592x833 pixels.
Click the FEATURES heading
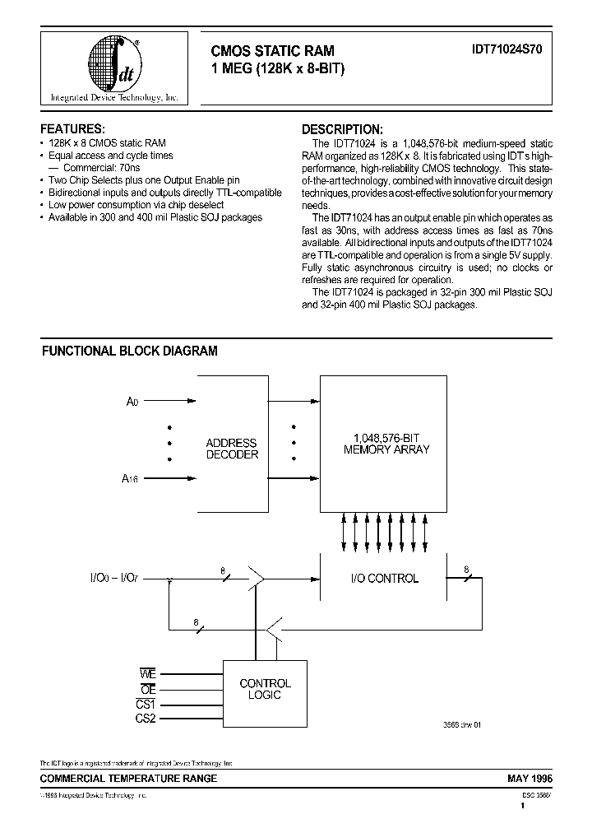point(72,129)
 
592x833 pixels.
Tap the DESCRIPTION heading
point(342,129)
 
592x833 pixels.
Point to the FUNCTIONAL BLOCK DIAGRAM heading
point(130,351)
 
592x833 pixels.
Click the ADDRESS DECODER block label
point(231,449)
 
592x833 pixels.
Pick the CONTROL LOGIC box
point(264,690)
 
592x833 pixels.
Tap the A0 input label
point(132,402)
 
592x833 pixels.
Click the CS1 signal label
point(146,705)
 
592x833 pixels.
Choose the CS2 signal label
point(146,719)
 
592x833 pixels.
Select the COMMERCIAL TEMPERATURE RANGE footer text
point(129,778)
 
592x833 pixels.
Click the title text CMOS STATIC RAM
point(273,51)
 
